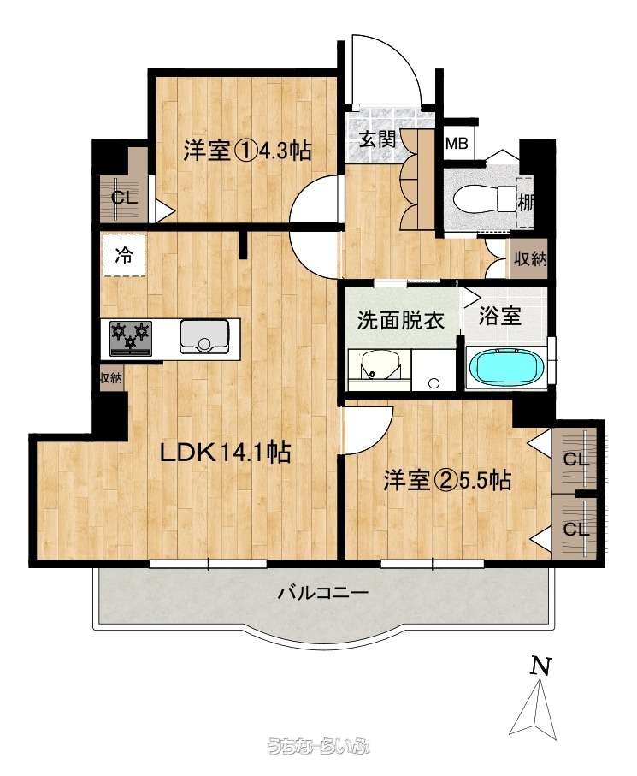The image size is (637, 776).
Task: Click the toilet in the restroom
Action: tap(484, 200)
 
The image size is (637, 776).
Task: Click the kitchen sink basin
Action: tap(203, 336)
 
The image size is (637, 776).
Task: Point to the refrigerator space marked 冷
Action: tap(124, 255)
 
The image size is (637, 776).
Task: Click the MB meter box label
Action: tap(457, 144)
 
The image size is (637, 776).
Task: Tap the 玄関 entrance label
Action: tap(378, 139)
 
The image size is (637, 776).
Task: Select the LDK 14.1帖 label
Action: tap(225, 452)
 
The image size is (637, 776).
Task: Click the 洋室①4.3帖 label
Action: tap(247, 150)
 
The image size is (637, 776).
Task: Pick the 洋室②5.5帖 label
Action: tap(447, 480)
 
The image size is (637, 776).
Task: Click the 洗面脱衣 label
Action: tap(401, 321)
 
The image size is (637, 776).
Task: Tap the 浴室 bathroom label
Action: tap(500, 317)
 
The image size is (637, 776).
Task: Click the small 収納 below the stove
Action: tap(111, 379)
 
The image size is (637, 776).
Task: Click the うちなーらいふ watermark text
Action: tap(318, 746)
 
